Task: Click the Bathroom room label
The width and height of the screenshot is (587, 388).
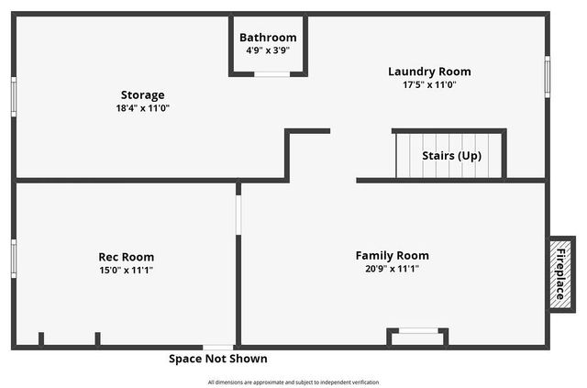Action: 268,38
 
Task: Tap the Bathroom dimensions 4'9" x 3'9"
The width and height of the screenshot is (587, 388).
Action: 268,50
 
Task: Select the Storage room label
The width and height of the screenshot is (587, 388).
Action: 143,94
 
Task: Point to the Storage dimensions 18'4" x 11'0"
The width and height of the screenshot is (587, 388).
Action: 143,107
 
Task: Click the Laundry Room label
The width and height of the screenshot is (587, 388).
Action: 429,72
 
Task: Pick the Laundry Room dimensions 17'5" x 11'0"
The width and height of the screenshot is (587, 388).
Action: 429,84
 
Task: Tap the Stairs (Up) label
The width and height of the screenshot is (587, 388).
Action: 451,156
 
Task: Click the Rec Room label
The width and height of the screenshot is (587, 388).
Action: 127,257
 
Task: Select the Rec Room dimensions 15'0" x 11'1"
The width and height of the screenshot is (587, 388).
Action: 127,270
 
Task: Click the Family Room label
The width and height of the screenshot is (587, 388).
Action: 393,256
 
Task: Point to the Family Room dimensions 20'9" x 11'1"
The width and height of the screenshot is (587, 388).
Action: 393,269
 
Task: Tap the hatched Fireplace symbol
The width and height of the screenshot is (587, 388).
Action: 560,272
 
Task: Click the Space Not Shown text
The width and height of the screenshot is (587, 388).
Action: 218,359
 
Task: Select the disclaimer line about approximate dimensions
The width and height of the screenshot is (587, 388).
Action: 293,382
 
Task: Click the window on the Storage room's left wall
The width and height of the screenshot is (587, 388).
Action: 14,95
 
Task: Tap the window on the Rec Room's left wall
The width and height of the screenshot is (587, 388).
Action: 14,257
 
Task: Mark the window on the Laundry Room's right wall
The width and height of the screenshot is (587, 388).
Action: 548,75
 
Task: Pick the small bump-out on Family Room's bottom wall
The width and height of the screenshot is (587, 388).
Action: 418,337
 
